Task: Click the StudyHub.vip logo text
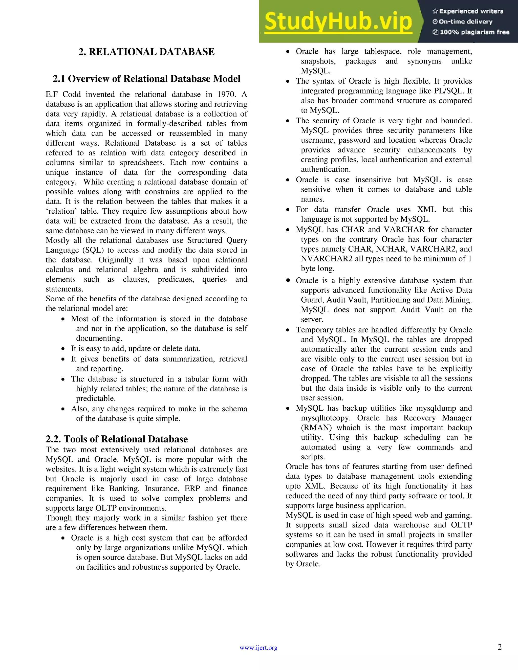338,21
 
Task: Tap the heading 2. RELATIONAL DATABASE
146,52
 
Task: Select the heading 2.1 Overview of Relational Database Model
146,79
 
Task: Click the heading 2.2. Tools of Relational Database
117,439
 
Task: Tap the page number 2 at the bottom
500,647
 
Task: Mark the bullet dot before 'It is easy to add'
63,349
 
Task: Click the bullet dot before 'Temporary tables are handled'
288,330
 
